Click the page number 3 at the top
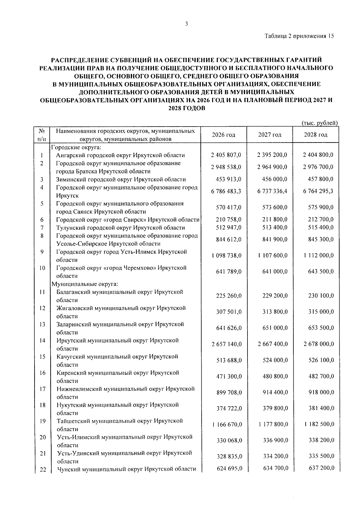pyautogui.click(x=186, y=24)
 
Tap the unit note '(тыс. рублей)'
pyautogui.click(x=319, y=123)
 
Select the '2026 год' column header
pyautogui.click(x=223, y=135)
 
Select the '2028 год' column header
pyautogui.click(x=316, y=135)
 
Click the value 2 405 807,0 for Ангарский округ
pyautogui.click(x=226, y=155)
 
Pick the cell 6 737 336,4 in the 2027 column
pyautogui.click(x=272, y=191)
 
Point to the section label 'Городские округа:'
pyautogui.click(x=76, y=147)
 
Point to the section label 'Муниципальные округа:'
pyautogui.click(x=85, y=284)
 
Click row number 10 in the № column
pyautogui.click(x=42, y=268)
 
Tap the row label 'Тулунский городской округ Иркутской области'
pyautogui.click(x=121, y=228)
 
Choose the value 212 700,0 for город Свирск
pyautogui.click(x=321, y=220)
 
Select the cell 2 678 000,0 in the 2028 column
pyautogui.click(x=318, y=344)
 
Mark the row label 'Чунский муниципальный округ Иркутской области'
pyautogui.click(x=126, y=469)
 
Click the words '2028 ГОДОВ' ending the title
pyautogui.click(x=186, y=109)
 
